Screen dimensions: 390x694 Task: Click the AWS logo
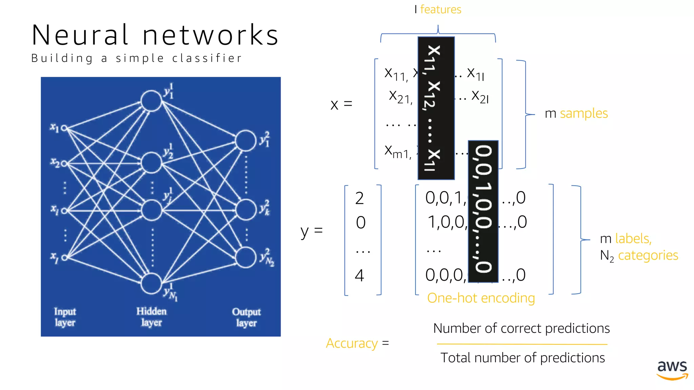672,370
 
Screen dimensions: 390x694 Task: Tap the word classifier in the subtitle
207,58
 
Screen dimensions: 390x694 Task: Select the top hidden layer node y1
151,101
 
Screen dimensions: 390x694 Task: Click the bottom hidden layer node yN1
151,283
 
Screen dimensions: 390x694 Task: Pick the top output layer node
245,140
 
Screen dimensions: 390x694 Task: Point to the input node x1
64,128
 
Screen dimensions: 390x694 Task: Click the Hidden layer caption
151,317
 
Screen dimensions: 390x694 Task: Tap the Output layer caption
246,317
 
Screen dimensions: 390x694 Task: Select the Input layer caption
65,317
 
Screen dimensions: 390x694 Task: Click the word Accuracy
351,343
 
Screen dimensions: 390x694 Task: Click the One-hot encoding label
481,298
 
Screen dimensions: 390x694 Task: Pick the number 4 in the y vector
360,276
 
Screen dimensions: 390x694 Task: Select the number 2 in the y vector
360,198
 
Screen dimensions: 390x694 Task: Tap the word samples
584,113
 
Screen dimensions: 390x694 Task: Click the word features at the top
441,9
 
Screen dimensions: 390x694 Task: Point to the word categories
648,255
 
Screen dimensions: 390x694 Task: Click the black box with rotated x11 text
436,108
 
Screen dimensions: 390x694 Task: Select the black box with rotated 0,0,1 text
483,211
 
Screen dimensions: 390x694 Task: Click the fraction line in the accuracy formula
522,344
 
